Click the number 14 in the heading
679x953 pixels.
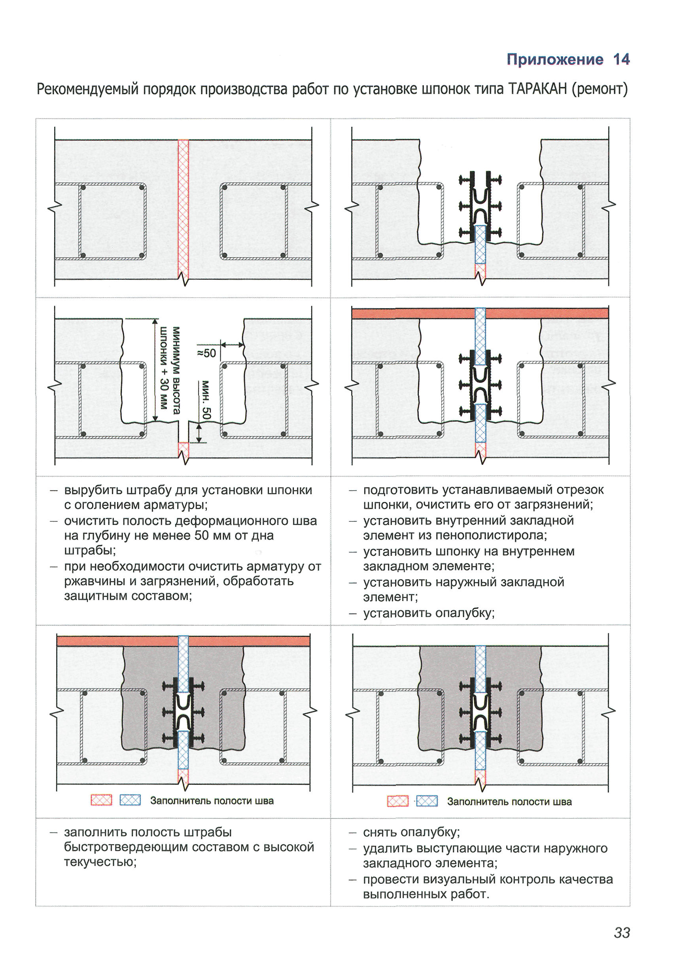[x=621, y=59]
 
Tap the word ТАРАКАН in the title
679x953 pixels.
[x=537, y=89]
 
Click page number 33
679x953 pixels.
[x=622, y=932]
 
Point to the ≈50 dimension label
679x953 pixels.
[x=206, y=353]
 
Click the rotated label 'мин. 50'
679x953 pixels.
[x=206, y=399]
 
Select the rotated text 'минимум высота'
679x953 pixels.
[x=176, y=369]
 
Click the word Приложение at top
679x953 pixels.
[x=555, y=59]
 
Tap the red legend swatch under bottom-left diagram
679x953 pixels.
[x=102, y=800]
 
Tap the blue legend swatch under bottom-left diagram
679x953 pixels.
[x=130, y=800]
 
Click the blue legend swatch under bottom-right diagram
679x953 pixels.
[x=427, y=801]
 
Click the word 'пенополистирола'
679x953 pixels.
[x=492, y=535]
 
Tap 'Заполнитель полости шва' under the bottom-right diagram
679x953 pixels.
[x=509, y=801]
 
